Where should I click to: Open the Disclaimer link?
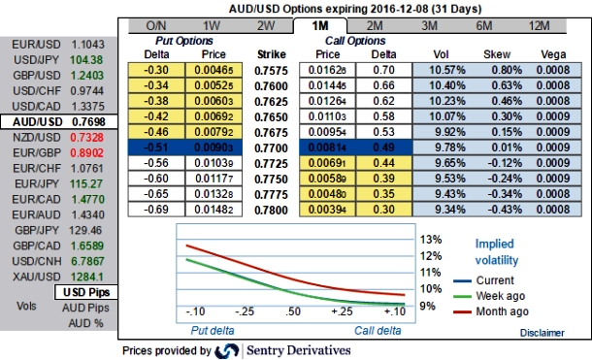tap(541, 332)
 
